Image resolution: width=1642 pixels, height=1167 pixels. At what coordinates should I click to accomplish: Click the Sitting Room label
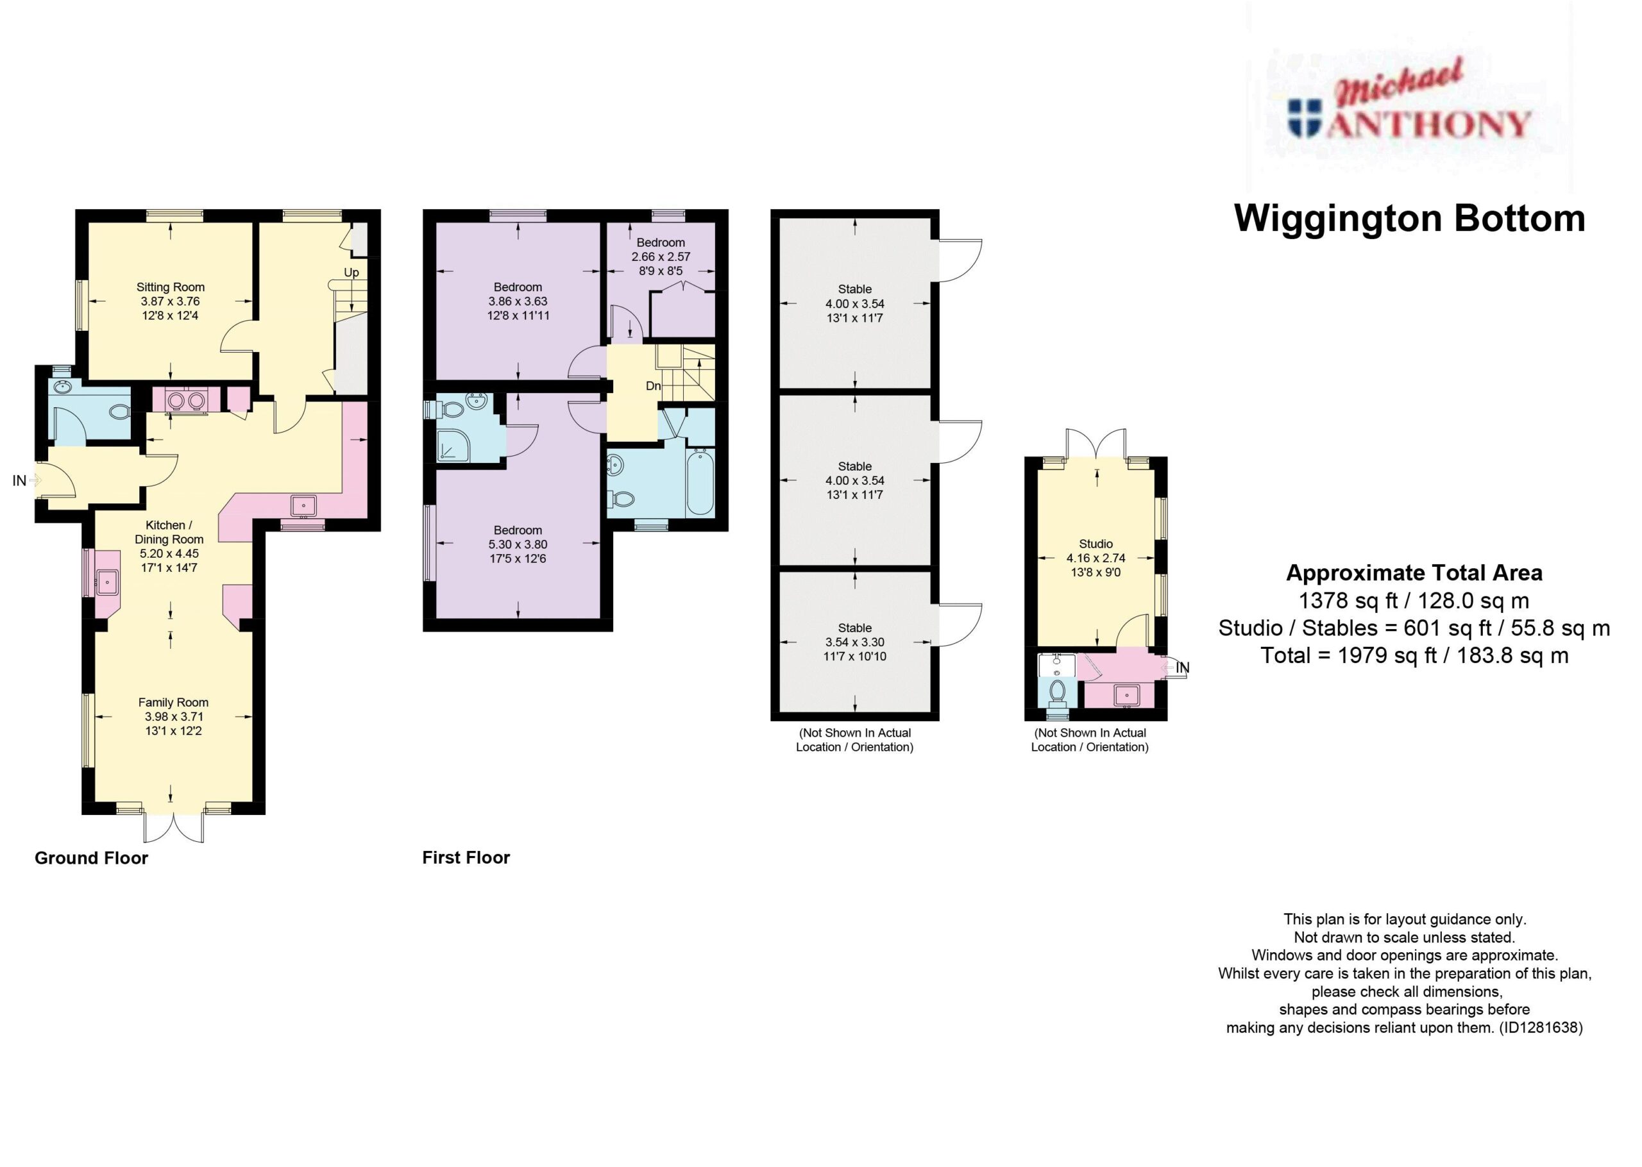pyautogui.click(x=171, y=287)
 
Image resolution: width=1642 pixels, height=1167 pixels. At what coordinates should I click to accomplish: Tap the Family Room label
pyautogui.click(x=173, y=702)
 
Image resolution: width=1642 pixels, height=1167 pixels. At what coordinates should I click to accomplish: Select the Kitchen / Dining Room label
pyautogui.click(x=169, y=532)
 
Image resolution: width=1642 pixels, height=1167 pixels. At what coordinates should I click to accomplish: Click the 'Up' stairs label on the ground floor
pyautogui.click(x=351, y=273)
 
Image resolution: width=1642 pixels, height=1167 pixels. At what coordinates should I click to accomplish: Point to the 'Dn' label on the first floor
pyautogui.click(x=653, y=386)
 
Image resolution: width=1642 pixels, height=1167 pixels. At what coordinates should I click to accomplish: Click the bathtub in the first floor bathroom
pyautogui.click(x=700, y=482)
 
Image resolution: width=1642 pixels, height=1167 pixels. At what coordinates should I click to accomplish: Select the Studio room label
pyautogui.click(x=1096, y=544)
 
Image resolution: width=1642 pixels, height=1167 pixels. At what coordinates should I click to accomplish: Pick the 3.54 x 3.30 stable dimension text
pyautogui.click(x=855, y=642)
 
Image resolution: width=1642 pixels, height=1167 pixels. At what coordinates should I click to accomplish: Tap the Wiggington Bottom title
pyautogui.click(x=1409, y=219)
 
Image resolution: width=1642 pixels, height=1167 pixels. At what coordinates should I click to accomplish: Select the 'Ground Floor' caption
pyautogui.click(x=91, y=858)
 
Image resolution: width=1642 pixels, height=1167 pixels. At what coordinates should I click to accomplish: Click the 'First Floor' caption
pyautogui.click(x=466, y=857)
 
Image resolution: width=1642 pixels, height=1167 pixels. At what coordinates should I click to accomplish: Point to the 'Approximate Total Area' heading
pyautogui.click(x=1414, y=573)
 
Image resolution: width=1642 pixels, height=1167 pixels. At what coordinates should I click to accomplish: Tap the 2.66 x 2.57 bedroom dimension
pyautogui.click(x=661, y=256)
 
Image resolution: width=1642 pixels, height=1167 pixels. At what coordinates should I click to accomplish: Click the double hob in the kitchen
pyautogui.click(x=187, y=400)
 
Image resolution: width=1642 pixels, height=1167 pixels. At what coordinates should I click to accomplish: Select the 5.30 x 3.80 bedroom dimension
pyautogui.click(x=518, y=544)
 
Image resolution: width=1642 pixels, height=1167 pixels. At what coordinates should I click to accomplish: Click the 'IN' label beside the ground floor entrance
pyautogui.click(x=19, y=481)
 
